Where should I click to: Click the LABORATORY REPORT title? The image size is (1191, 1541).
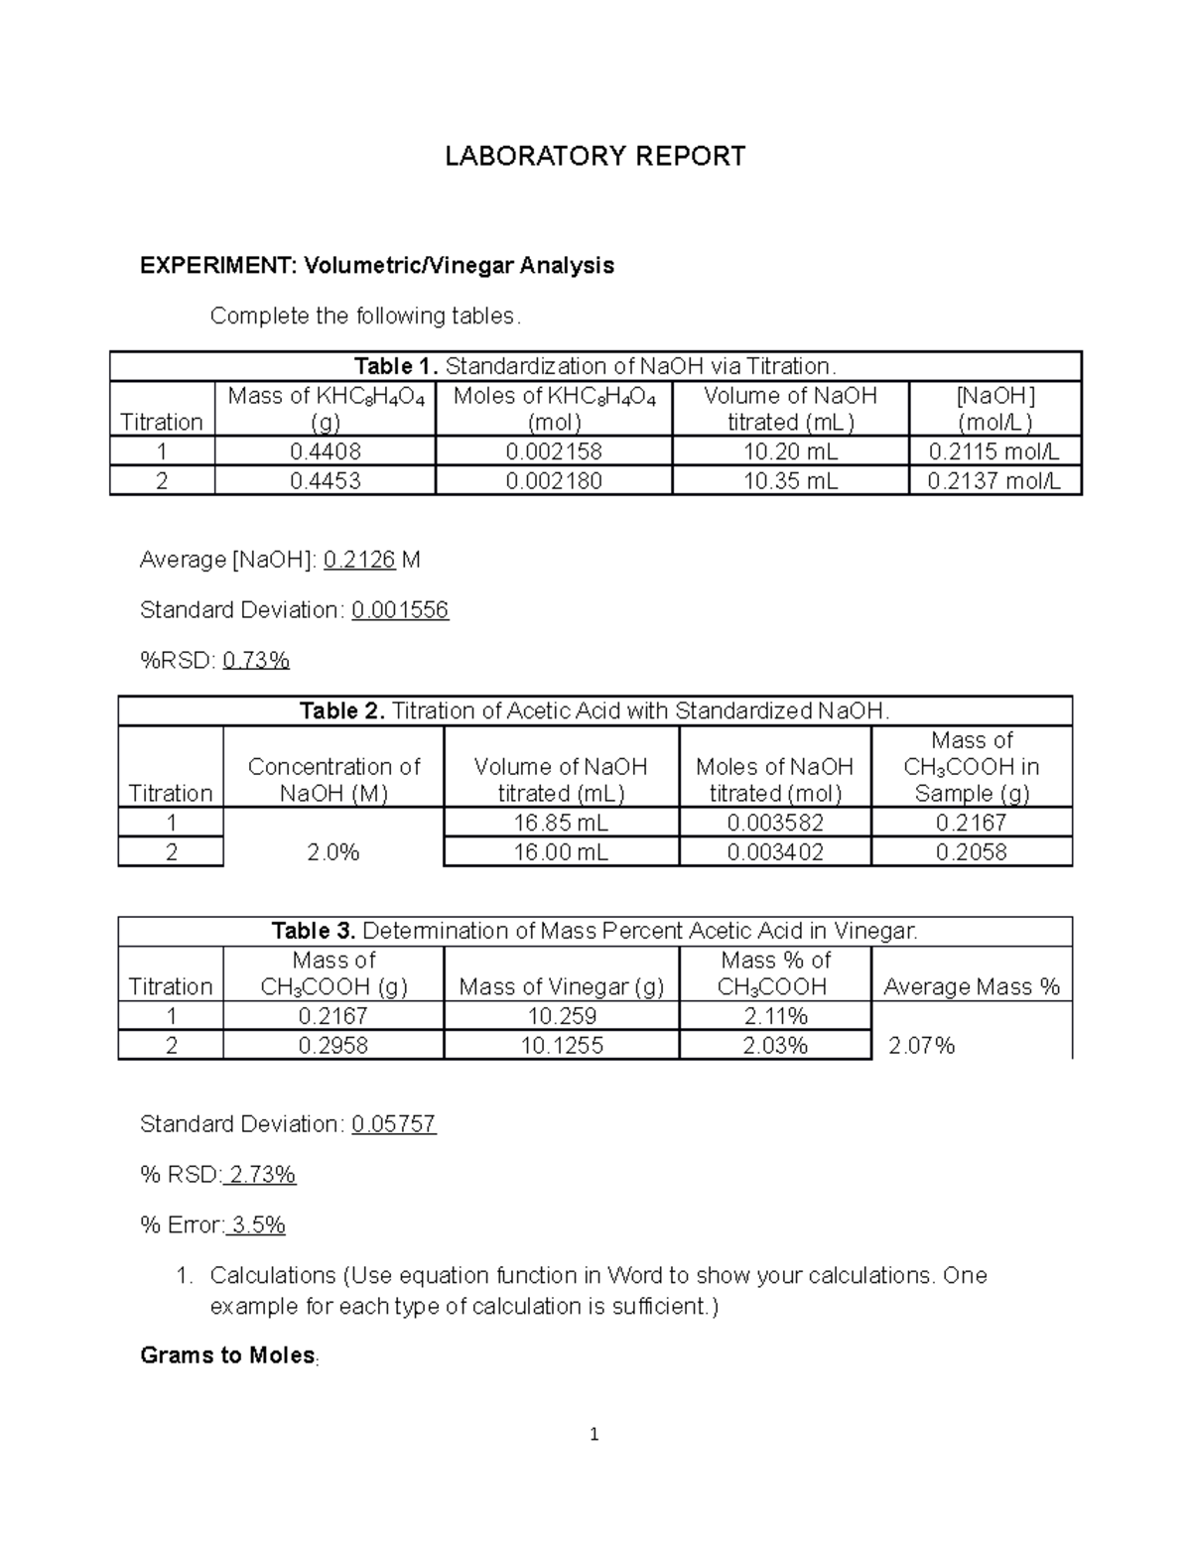[x=595, y=157]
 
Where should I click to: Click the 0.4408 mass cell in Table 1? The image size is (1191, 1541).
[x=326, y=452]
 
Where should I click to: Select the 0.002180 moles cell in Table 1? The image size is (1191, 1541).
[x=553, y=481]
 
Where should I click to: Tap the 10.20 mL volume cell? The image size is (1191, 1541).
[x=790, y=452]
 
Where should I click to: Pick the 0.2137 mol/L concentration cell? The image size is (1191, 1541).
[x=993, y=481]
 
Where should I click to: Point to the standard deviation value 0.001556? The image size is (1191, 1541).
[x=400, y=610]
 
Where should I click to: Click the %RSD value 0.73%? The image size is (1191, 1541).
[x=256, y=660]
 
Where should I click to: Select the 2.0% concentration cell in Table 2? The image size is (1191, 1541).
[x=333, y=852]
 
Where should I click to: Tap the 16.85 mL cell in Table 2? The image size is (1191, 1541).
[x=561, y=823]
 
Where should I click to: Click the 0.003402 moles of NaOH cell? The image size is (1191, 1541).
[x=775, y=852]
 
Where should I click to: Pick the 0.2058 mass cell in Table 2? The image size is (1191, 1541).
[x=971, y=852]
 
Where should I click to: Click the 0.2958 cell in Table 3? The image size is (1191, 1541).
[x=333, y=1046]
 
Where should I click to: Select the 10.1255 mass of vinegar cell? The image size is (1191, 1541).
[x=562, y=1046]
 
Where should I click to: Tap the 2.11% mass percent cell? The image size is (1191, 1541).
[x=775, y=1016]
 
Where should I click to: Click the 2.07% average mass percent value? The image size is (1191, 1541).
[x=921, y=1046]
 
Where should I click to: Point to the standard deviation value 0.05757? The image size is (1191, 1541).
[x=394, y=1124]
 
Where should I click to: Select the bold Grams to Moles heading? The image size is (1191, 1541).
[x=227, y=1355]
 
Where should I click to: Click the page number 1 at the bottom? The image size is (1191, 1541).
[x=595, y=1435]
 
